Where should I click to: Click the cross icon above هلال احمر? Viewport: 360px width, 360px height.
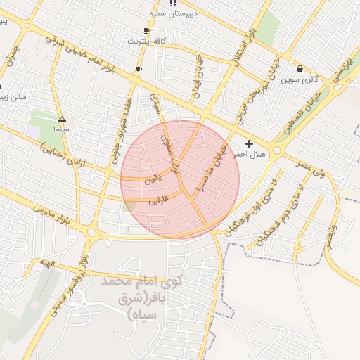(x=249, y=143)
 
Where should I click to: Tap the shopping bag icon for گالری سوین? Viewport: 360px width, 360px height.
(x=300, y=69)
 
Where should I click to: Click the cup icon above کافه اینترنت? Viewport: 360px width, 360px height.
(x=146, y=31)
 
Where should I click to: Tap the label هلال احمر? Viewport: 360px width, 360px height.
(x=250, y=155)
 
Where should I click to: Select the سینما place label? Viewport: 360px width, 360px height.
(x=62, y=130)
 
